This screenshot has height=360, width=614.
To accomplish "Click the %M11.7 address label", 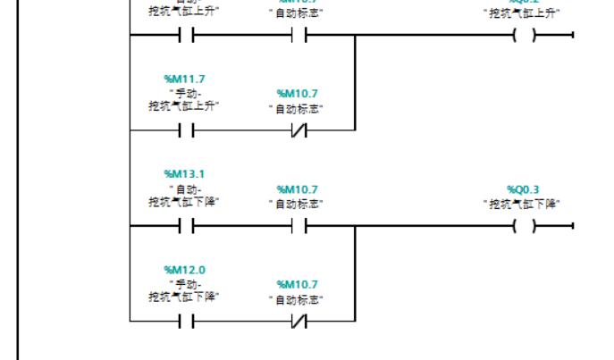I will pyautogui.click(x=184, y=79).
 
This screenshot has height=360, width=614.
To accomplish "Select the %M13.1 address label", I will pyautogui.click(x=184, y=173).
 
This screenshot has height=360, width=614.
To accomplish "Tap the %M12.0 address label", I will pyautogui.click(x=184, y=269).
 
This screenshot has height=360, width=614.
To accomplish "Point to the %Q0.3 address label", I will pyautogui.click(x=523, y=189).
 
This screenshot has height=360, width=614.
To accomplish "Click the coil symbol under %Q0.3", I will pyautogui.click(x=524, y=226).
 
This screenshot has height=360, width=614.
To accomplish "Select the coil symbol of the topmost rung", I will pyautogui.click(x=524, y=36).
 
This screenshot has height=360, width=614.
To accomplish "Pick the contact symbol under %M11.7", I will pyautogui.click(x=185, y=130).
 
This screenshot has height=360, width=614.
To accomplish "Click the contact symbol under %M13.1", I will pyautogui.click(x=185, y=226).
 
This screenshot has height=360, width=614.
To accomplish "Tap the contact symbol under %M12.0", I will pyautogui.click(x=185, y=321).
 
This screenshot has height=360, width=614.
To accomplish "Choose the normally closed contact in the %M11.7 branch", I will pyautogui.click(x=298, y=130).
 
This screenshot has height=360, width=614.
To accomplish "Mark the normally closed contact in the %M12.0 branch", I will pyautogui.click(x=298, y=321).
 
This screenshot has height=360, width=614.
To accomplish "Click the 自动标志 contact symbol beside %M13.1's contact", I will pyautogui.click(x=298, y=226).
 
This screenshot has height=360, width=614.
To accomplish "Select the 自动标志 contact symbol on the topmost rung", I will pyautogui.click(x=298, y=36).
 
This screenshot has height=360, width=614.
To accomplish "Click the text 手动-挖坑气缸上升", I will pyautogui.click(x=184, y=99).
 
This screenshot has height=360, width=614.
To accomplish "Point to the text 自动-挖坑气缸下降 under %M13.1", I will pyautogui.click(x=184, y=196).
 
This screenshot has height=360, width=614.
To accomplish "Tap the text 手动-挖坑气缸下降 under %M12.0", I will pyautogui.click(x=184, y=290).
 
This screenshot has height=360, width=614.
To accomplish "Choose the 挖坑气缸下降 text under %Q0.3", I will pyautogui.click(x=523, y=204).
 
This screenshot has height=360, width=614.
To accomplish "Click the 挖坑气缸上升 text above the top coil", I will pyautogui.click(x=523, y=13).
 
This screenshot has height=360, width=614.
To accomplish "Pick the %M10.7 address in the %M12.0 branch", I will pyautogui.click(x=297, y=284).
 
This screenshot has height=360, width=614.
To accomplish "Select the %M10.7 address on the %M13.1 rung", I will pyautogui.click(x=297, y=189).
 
